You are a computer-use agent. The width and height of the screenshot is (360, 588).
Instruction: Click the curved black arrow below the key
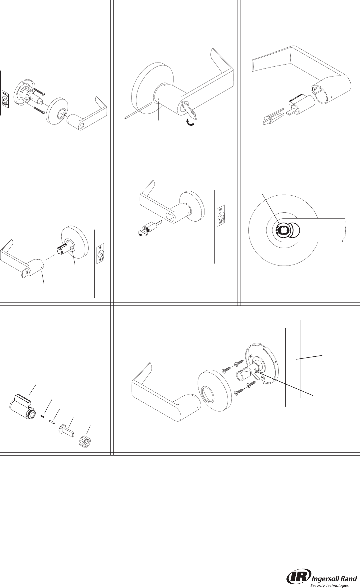190,123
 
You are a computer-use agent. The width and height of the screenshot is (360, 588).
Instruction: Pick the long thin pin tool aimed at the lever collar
138,111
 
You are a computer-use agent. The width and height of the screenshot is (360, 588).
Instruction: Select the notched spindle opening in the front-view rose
282,230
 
